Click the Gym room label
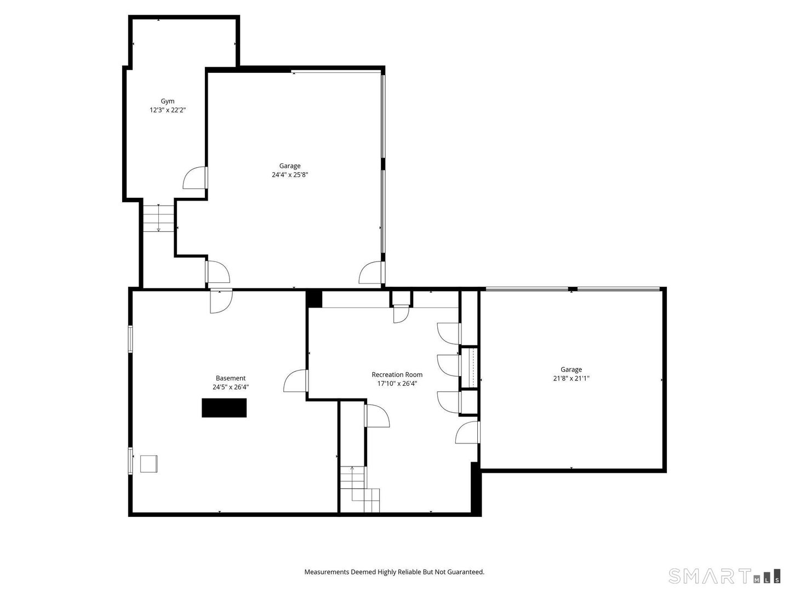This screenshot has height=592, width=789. pos(168,101)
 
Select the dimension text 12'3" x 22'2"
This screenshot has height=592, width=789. pos(168,110)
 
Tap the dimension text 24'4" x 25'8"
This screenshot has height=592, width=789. pos(290,175)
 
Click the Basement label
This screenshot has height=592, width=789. pos(231,378)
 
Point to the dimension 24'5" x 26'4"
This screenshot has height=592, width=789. pos(231,387)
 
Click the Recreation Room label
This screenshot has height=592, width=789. pos(397,374)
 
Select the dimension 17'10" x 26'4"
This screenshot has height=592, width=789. pos(397,384)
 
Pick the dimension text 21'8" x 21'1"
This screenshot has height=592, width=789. pos(571,378)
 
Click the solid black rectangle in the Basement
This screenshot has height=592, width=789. pos(224,408)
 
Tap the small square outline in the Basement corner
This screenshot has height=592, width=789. pos(148,464)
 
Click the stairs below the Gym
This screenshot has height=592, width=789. pos(158,218)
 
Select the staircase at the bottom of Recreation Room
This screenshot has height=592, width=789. pos(360,489)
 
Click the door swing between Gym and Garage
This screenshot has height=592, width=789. pos(196,178)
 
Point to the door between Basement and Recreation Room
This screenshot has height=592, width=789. pos(295,380)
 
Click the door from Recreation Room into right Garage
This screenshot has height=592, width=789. pos(468,432)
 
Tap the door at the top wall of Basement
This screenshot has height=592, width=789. pos(221,301)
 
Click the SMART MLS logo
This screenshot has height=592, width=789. pos(724,576)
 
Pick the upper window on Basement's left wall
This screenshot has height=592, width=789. pos(130,339)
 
